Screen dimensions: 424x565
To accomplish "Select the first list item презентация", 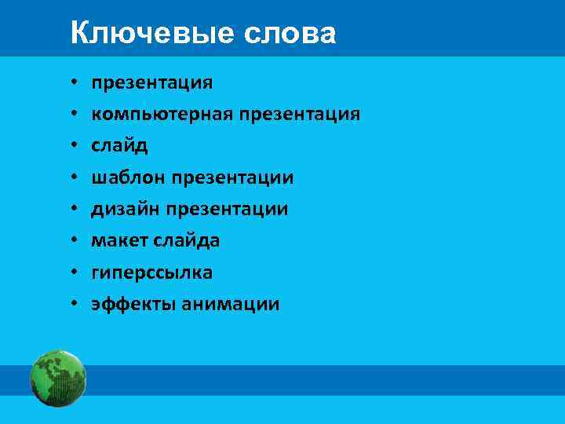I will [x=151, y=83].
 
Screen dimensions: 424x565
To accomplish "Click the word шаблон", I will [x=126, y=178].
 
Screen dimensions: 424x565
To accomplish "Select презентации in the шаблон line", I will [x=231, y=178].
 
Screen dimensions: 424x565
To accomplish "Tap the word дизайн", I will [x=124, y=210].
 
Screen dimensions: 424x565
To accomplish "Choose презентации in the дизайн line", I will [x=225, y=210].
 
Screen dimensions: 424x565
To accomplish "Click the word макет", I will [x=118, y=241].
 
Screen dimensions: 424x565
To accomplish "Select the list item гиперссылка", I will [x=151, y=272].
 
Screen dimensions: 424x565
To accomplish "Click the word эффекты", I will [x=133, y=305].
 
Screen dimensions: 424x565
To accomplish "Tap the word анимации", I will [x=230, y=305].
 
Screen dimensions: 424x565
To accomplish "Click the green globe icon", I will [x=58, y=379].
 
